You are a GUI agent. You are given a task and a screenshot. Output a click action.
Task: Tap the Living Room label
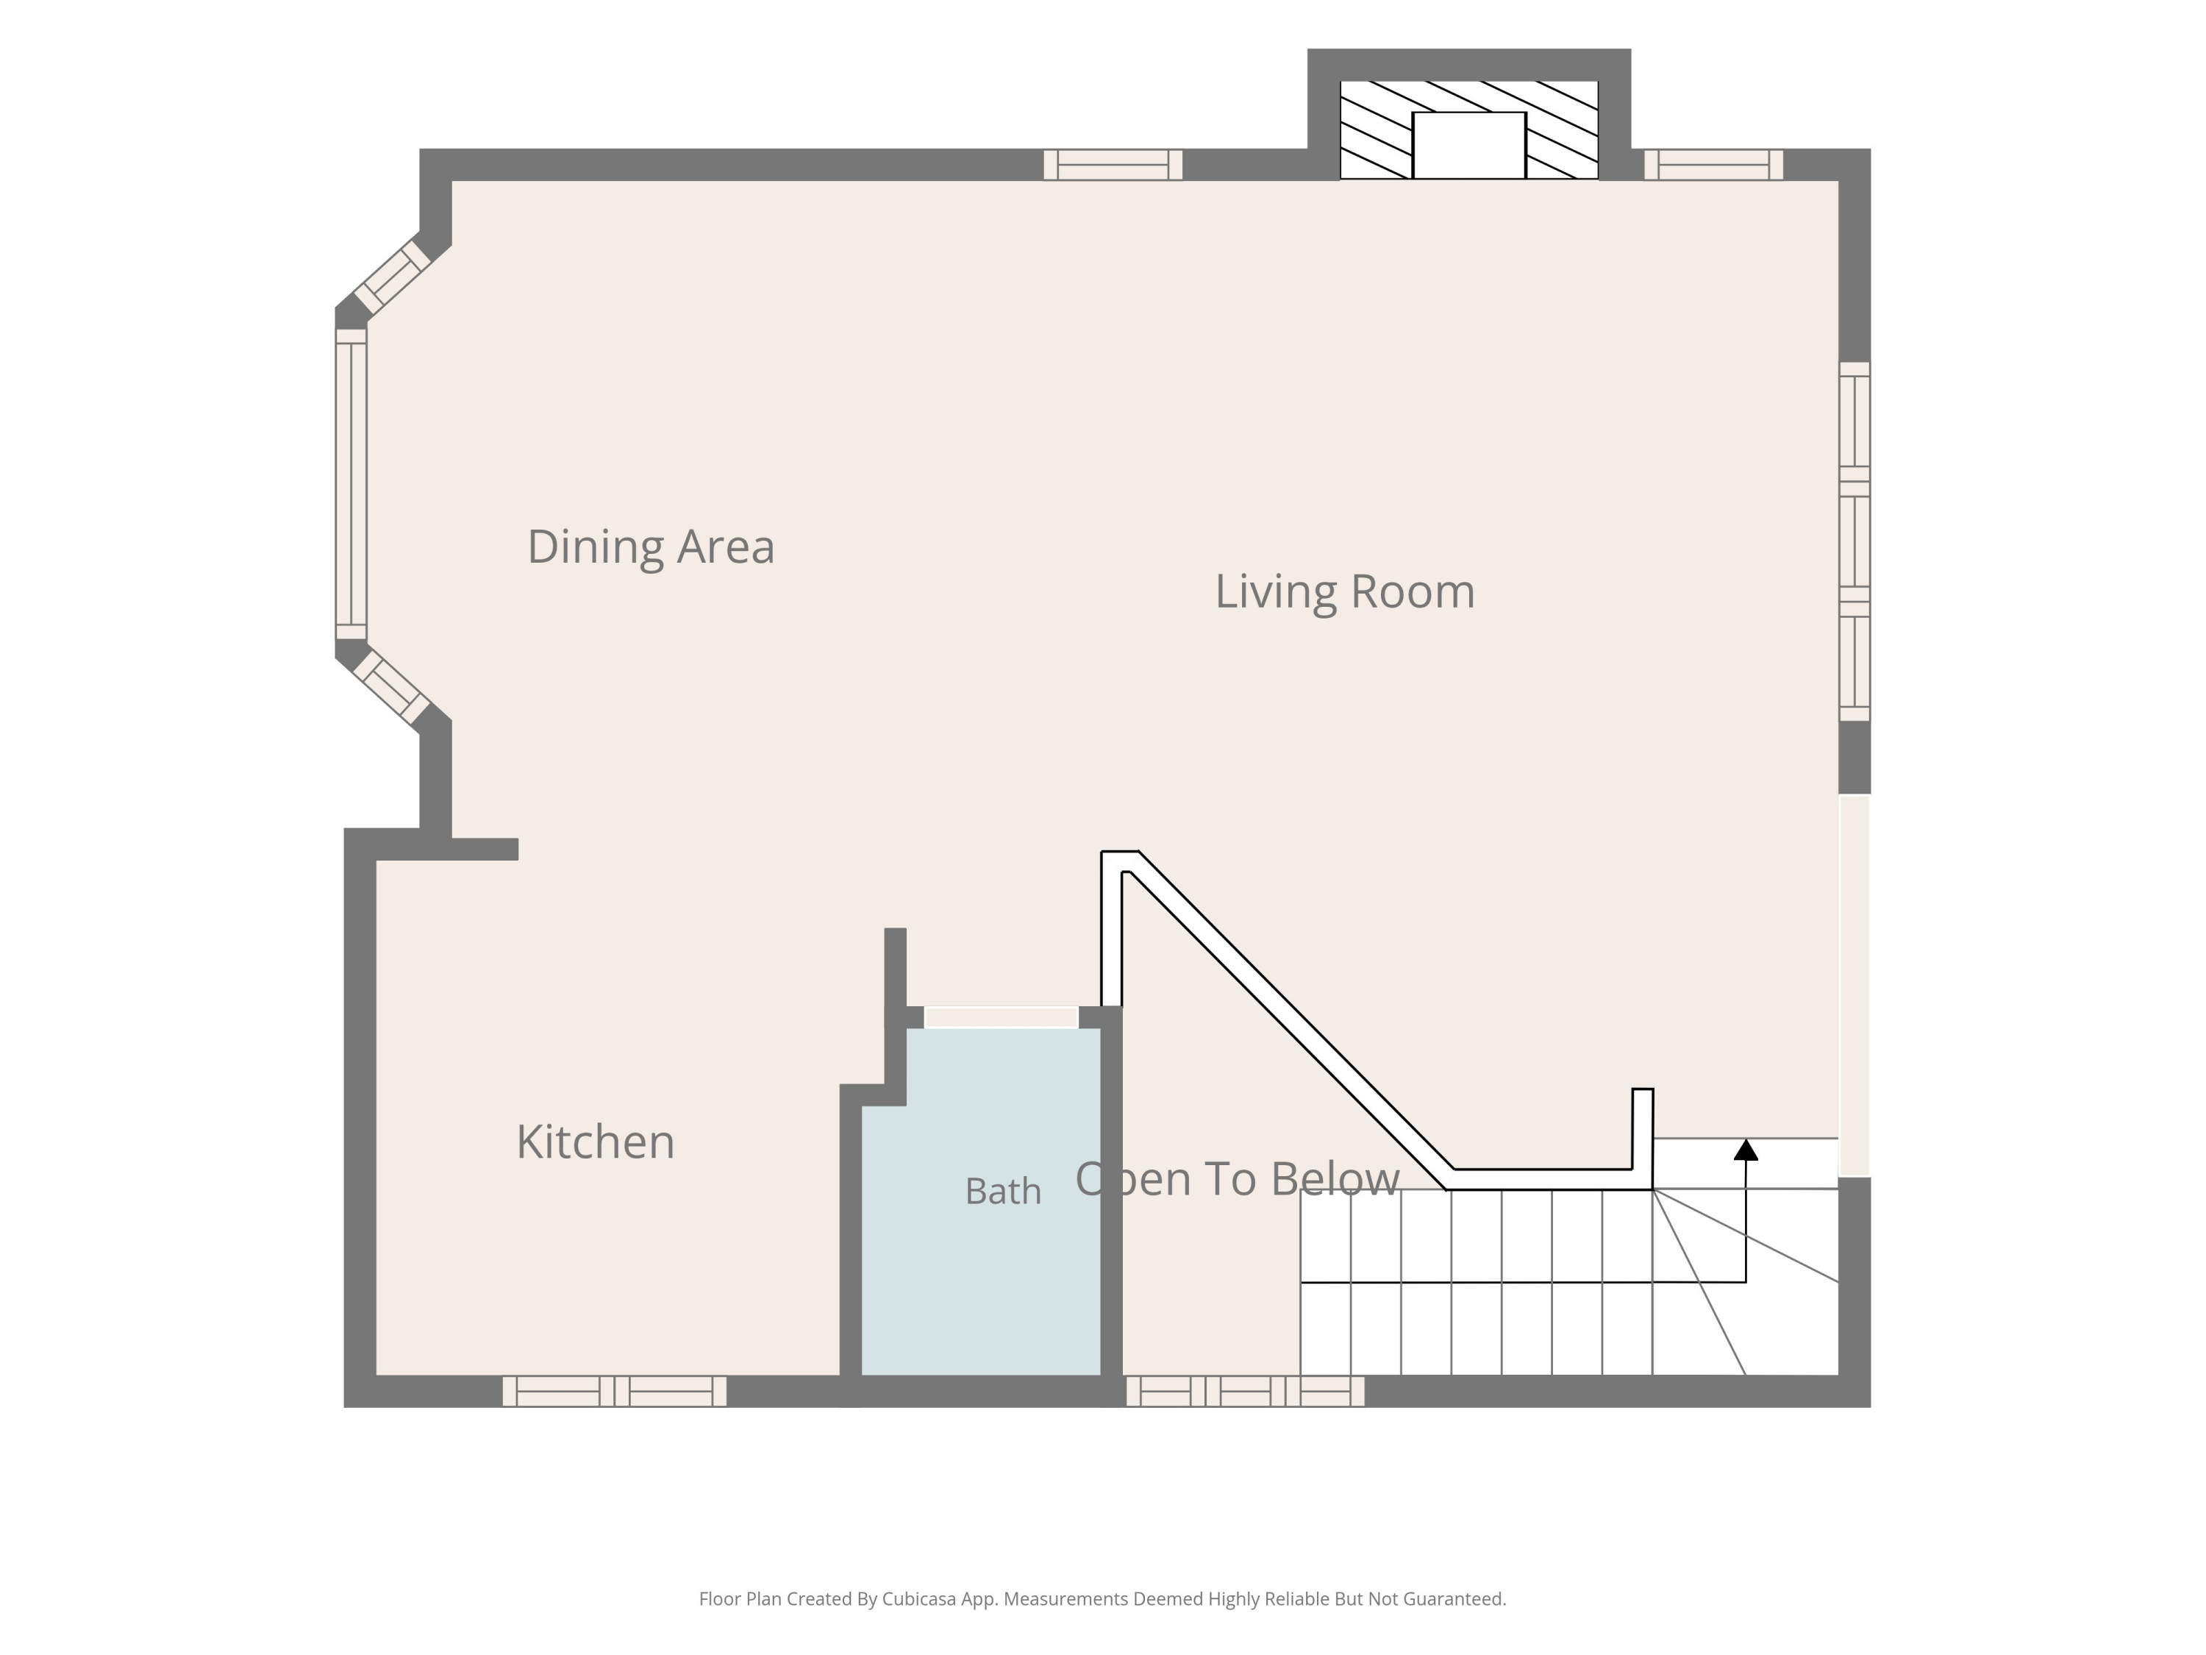tap(1344, 591)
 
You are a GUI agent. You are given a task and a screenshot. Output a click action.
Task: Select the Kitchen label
tap(596, 1142)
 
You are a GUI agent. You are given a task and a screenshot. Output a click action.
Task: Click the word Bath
tap(1003, 1191)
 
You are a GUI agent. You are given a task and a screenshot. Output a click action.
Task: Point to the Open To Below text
tap(1238, 1179)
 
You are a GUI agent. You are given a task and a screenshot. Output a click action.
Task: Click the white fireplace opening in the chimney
tap(1469, 146)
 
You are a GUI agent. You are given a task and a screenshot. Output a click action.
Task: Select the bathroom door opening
tap(1002, 1017)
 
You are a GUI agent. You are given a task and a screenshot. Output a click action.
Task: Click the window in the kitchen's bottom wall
tap(614, 1391)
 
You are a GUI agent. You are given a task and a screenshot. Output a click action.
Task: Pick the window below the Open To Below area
tap(1246, 1391)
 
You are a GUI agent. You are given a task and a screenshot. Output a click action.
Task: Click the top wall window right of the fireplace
tap(1713, 165)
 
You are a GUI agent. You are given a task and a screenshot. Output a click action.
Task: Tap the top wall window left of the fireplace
tap(1113, 165)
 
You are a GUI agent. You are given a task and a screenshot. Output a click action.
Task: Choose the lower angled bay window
tap(392, 687)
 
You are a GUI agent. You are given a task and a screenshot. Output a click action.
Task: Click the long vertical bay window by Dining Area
tap(351, 484)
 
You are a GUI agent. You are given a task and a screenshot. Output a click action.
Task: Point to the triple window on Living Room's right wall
tap(1854, 541)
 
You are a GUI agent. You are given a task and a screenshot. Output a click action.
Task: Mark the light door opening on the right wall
tap(1854, 986)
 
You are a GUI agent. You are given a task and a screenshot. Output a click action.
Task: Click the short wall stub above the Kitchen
tap(485, 849)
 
